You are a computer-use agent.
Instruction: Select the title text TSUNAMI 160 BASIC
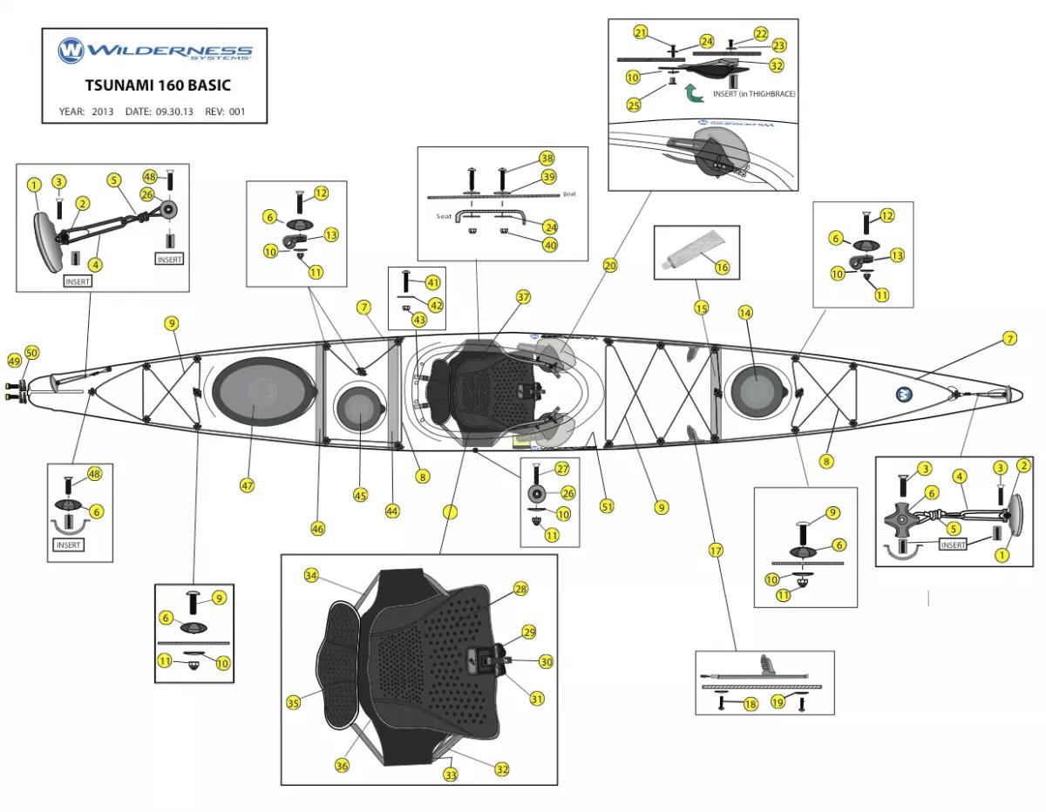pyautogui.click(x=158, y=86)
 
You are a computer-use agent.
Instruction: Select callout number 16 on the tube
pyautogui.click(x=722, y=267)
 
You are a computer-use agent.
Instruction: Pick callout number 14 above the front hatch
pyautogui.click(x=745, y=312)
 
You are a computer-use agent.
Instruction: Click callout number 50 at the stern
pyautogui.click(x=32, y=352)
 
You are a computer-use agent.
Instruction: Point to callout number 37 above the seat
pyautogui.click(x=523, y=297)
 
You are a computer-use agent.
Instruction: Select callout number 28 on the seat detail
pyautogui.click(x=520, y=589)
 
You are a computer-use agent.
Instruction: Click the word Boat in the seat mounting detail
pyautogui.click(x=569, y=194)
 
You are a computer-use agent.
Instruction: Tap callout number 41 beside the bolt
pyautogui.click(x=433, y=282)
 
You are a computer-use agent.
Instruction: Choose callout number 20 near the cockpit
pyautogui.click(x=610, y=265)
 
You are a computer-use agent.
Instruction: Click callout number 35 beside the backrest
pyautogui.click(x=294, y=702)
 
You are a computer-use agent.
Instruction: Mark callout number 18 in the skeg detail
pyautogui.click(x=750, y=704)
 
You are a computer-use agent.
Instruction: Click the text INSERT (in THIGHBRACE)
pyautogui.click(x=754, y=93)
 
